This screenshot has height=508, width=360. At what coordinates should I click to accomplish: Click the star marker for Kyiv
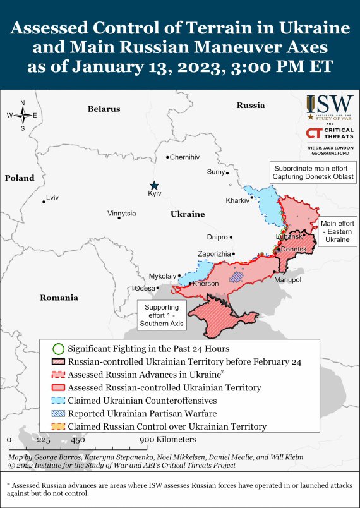[x=155, y=184]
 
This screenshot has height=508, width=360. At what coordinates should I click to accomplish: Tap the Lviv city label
[x=52, y=198]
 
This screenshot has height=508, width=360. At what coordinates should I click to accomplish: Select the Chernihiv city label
[x=184, y=157]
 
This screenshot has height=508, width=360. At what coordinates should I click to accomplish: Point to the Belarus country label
[x=104, y=109]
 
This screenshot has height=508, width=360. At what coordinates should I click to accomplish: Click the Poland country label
[x=20, y=178]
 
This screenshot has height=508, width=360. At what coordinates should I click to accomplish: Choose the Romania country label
[x=59, y=298]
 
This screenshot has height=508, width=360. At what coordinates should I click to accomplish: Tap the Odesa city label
[x=145, y=288]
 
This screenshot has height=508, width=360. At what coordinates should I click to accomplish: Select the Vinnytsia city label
[x=121, y=214]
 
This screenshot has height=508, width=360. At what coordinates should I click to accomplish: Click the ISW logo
[x=328, y=108]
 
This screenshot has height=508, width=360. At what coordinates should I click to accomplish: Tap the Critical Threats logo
[x=328, y=133]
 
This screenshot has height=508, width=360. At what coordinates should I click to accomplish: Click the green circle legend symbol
[x=58, y=348]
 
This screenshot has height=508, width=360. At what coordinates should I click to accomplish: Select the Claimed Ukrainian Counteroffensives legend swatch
[x=58, y=401]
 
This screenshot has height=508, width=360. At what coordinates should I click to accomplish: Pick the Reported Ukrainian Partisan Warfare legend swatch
[x=58, y=414]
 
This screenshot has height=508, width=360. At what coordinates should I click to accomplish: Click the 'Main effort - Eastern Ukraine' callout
[x=337, y=232]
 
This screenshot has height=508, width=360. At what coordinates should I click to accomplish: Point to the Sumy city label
[x=215, y=172]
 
